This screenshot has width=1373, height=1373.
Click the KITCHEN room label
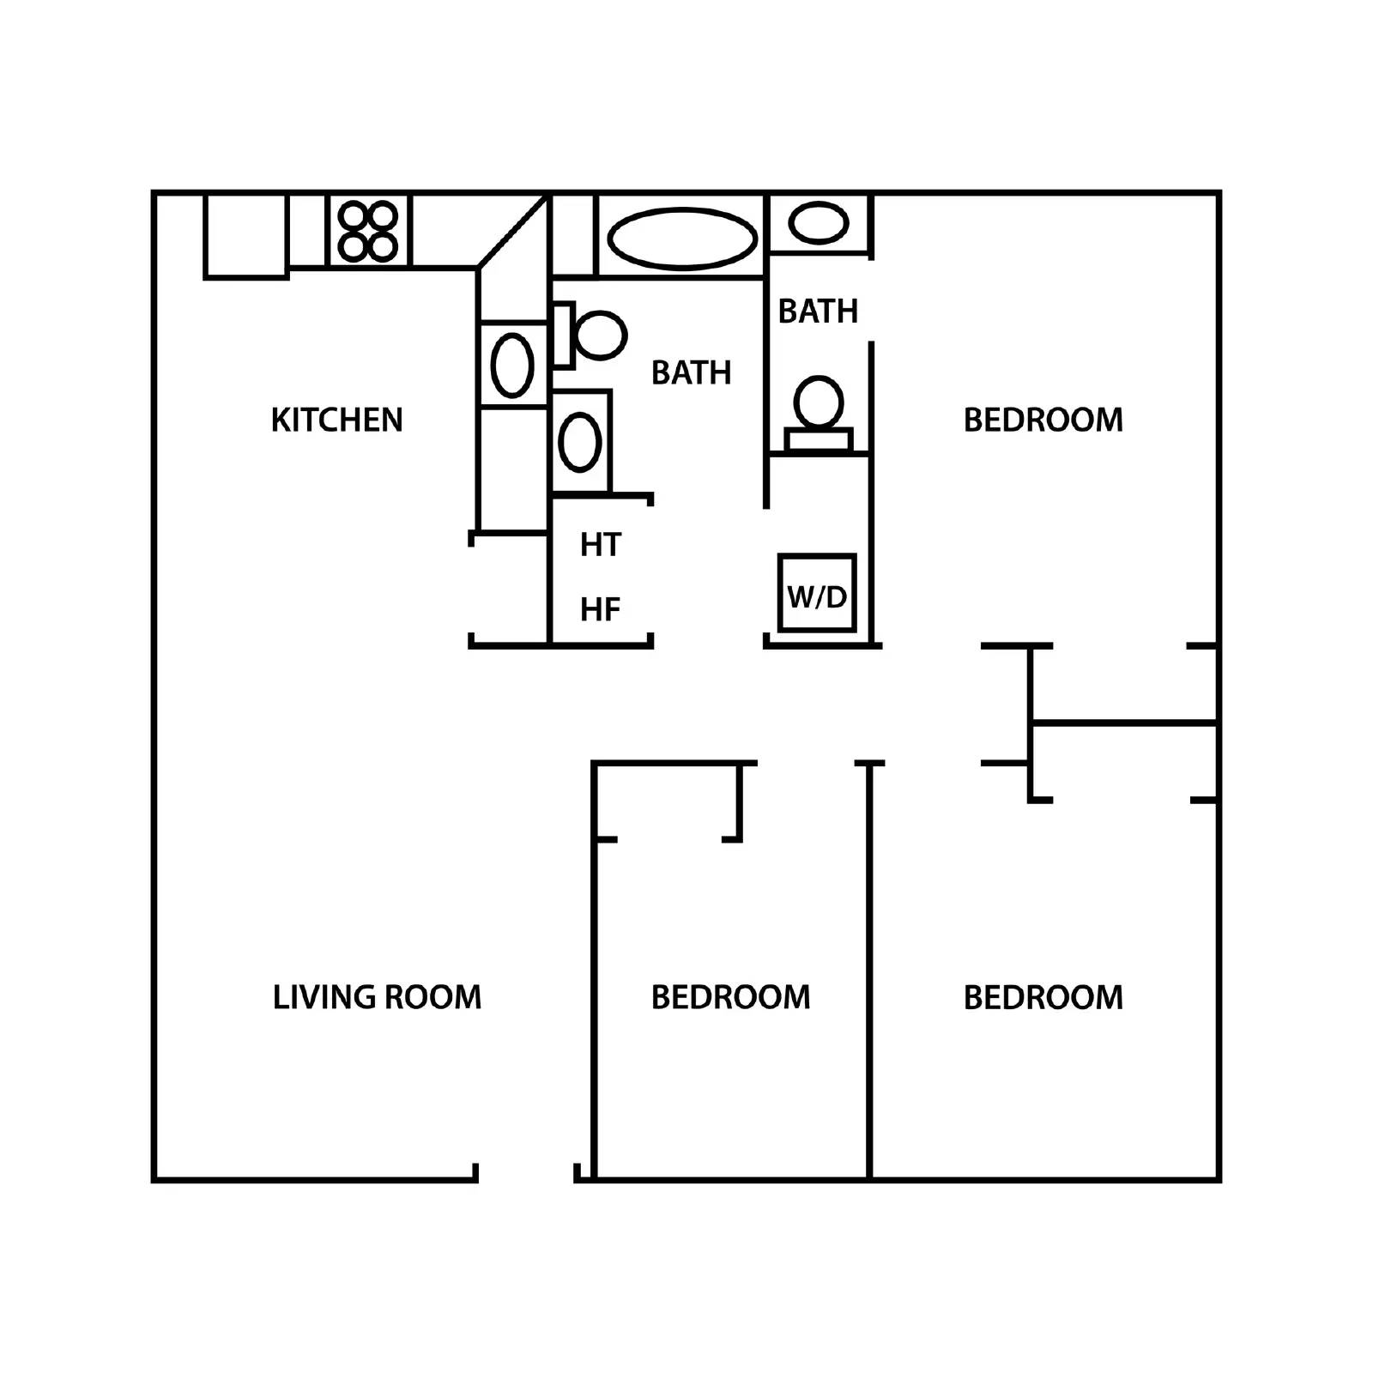pos(336,420)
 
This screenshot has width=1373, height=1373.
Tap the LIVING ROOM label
pos(377,997)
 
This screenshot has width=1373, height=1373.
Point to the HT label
pos(600,545)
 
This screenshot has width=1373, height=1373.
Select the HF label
pos(600,609)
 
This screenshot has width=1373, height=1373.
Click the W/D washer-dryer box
pos(817,594)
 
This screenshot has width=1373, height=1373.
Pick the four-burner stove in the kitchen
pos(368,231)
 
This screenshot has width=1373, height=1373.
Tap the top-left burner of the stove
pos(354,215)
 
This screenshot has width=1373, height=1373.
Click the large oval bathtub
pos(682,238)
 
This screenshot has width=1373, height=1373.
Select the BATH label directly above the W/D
pos(818,311)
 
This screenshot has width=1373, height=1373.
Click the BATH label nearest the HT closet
pos(691,372)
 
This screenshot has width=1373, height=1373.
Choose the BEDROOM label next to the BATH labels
pos(1043,420)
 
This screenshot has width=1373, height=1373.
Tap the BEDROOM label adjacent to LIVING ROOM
pos(730,997)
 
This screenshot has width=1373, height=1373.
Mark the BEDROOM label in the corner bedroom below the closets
pos(1043,997)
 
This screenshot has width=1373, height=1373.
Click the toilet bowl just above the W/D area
pos(818,402)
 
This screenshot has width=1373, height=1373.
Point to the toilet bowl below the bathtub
pos(601,335)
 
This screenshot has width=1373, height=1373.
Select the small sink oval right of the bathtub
pos(819,223)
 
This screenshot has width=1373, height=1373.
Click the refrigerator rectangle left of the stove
pos(245,235)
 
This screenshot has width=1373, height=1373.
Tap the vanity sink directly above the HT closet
pos(579,442)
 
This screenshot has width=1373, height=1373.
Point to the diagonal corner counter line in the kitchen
pos(512,232)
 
